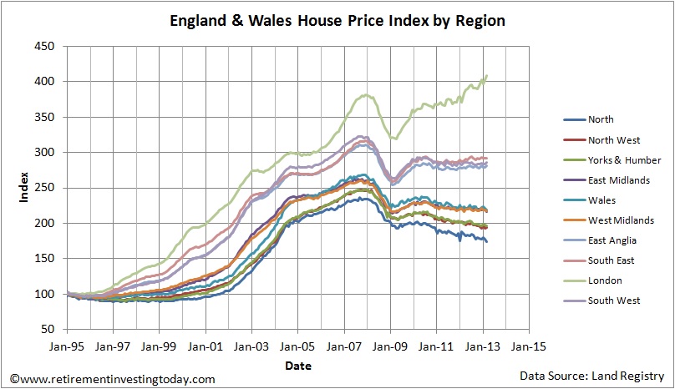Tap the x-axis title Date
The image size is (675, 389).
click(297, 365)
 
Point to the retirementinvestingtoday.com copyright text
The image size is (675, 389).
click(109, 379)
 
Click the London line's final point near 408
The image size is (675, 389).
click(487, 76)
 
